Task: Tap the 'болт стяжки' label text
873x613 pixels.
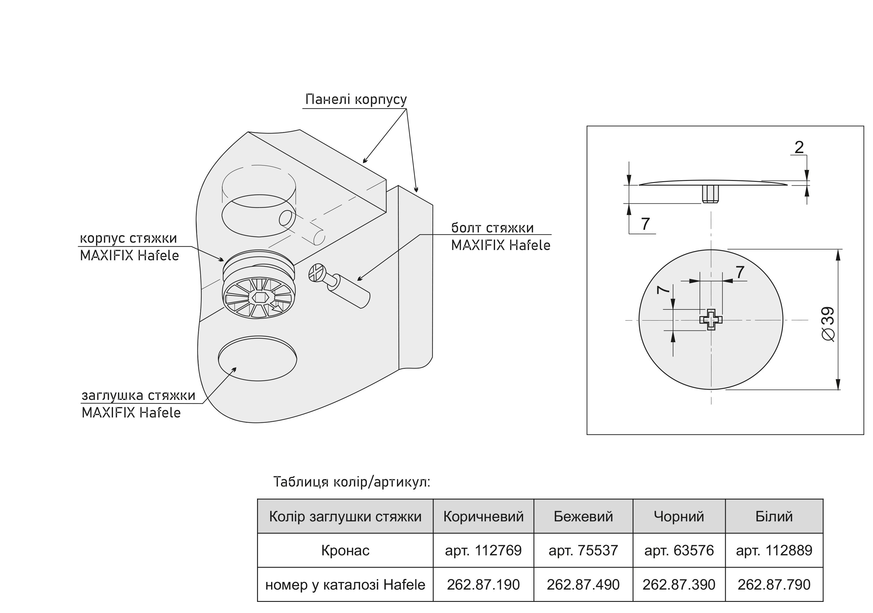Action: click(492, 228)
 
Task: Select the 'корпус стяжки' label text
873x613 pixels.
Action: click(128, 238)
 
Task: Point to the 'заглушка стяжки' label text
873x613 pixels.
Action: click(138, 395)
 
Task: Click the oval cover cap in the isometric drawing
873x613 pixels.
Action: click(257, 359)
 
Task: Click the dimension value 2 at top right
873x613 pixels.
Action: click(799, 148)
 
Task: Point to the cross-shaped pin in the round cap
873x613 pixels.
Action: click(711, 320)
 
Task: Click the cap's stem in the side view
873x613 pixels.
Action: click(710, 194)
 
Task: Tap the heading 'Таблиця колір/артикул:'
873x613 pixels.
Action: click(352, 482)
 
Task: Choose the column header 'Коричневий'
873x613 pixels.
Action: click(483, 516)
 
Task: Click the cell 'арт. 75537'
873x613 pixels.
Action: click(583, 550)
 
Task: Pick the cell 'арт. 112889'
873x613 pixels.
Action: click(774, 550)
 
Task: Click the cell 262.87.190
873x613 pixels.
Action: click(483, 585)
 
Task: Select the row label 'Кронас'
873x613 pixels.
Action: click(345, 550)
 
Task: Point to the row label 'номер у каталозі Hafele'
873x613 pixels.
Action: click(345, 585)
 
